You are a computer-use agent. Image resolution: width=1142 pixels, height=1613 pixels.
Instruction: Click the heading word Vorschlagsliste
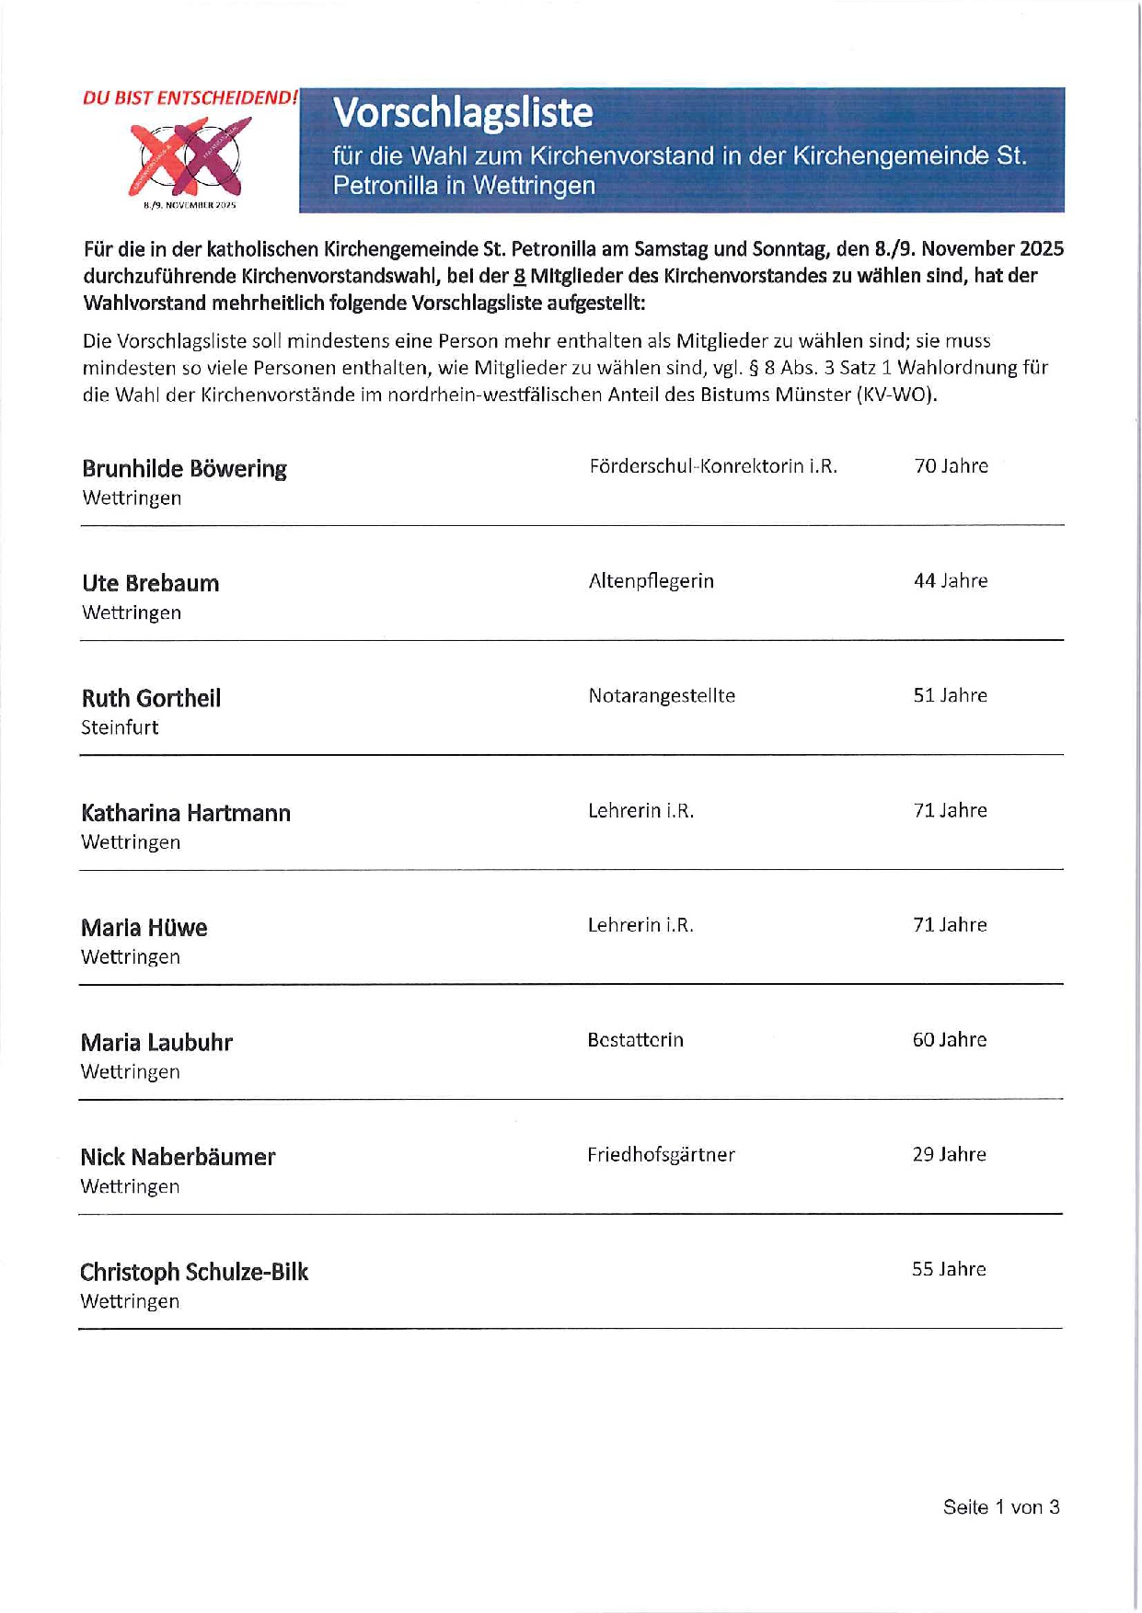point(463,113)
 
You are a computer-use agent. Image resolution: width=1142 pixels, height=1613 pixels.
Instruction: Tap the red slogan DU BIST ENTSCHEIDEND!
point(190,97)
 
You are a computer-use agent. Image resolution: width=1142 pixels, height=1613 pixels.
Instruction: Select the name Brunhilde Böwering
point(184,469)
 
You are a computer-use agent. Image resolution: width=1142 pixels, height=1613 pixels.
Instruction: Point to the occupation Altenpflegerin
point(651,581)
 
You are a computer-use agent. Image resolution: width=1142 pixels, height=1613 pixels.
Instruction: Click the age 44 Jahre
point(951,581)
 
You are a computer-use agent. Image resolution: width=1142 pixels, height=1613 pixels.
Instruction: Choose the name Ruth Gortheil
point(151,699)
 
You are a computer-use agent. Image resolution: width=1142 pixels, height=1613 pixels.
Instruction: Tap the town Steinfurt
point(120,727)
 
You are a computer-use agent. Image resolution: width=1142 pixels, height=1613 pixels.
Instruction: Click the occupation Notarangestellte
point(662,696)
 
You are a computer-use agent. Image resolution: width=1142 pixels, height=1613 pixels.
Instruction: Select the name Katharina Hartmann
point(186,813)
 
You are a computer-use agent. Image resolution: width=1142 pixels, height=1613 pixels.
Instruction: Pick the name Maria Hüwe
point(144,928)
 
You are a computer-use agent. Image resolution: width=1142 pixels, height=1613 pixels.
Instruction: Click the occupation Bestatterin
point(635,1040)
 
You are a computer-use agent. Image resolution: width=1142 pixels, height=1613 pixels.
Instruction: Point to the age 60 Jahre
point(950,1040)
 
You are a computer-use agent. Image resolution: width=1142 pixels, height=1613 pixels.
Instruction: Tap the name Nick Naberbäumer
point(178,1157)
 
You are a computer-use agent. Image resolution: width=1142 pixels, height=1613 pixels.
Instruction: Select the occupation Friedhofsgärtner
point(661,1155)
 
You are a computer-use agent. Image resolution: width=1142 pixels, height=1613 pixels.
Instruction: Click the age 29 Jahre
point(950,1155)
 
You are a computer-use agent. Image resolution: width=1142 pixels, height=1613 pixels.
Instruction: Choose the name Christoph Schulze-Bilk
point(193,1272)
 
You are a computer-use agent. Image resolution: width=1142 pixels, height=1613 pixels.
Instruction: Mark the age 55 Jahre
point(949,1270)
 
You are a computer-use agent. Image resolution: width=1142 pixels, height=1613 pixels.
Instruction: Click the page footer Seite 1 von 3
point(1001,1507)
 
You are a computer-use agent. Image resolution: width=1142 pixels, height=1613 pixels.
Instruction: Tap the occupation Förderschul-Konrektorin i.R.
point(713,466)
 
